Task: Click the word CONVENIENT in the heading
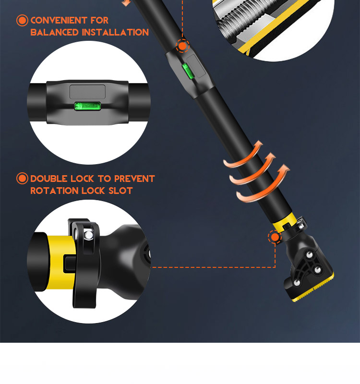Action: [59, 20]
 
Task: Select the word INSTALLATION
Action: [115, 32]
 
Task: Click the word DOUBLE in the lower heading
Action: [48, 179]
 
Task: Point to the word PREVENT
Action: [134, 179]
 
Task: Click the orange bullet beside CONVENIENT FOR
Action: [22, 20]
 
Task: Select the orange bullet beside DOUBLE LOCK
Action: [22, 179]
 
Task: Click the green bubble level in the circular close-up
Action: [87, 106]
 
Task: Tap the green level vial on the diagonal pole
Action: [188, 71]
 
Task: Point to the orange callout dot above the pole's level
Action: [182, 46]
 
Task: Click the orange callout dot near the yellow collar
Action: [275, 237]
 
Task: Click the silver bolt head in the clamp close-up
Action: [88, 235]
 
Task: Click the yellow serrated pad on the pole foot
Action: [314, 288]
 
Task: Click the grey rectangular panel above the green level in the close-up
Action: [87, 92]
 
